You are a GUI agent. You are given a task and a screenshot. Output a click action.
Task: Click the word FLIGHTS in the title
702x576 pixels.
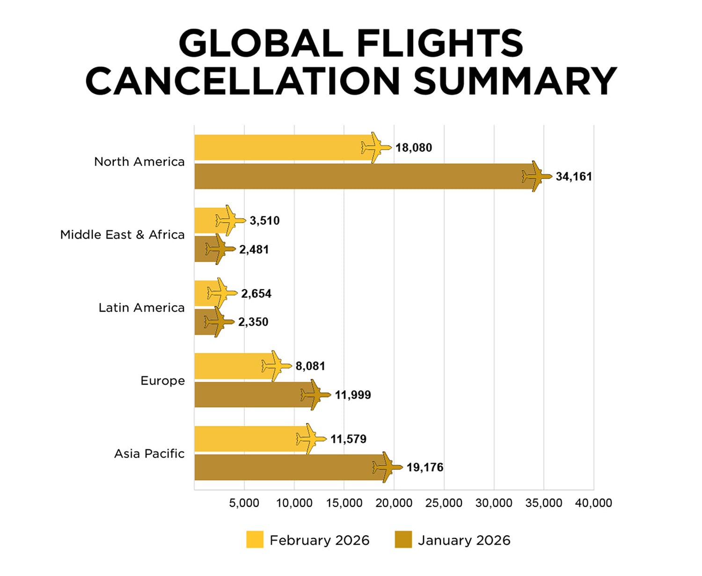pos(439,44)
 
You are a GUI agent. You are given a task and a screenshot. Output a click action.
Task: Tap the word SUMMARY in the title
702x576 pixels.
pos(515,80)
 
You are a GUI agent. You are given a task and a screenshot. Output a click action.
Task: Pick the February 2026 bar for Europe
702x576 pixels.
pos(229,366)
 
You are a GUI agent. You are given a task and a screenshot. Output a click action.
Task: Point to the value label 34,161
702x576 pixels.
pos(574,177)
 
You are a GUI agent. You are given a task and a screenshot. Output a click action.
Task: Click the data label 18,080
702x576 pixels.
pos(414,148)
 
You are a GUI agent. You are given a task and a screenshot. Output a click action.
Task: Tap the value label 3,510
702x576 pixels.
pos(264,220)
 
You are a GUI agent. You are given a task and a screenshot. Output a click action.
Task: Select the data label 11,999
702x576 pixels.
pos(353,395)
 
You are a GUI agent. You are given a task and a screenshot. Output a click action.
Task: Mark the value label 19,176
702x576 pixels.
pos(425,467)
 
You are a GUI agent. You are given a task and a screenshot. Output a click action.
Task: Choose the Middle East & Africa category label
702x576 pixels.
pos(122,234)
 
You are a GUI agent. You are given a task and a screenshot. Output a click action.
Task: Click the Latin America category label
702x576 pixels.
pos(141,307)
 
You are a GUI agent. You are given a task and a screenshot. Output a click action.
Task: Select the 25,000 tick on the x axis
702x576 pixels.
pos(444,503)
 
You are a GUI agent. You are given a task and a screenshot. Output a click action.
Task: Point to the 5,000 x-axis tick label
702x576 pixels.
pos(244,503)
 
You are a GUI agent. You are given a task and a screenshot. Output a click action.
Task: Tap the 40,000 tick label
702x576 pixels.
pos(593,503)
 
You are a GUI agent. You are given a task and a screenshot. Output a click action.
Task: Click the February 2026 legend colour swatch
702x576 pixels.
pos(255,540)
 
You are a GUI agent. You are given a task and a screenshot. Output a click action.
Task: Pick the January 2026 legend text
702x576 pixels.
pos(464,540)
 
